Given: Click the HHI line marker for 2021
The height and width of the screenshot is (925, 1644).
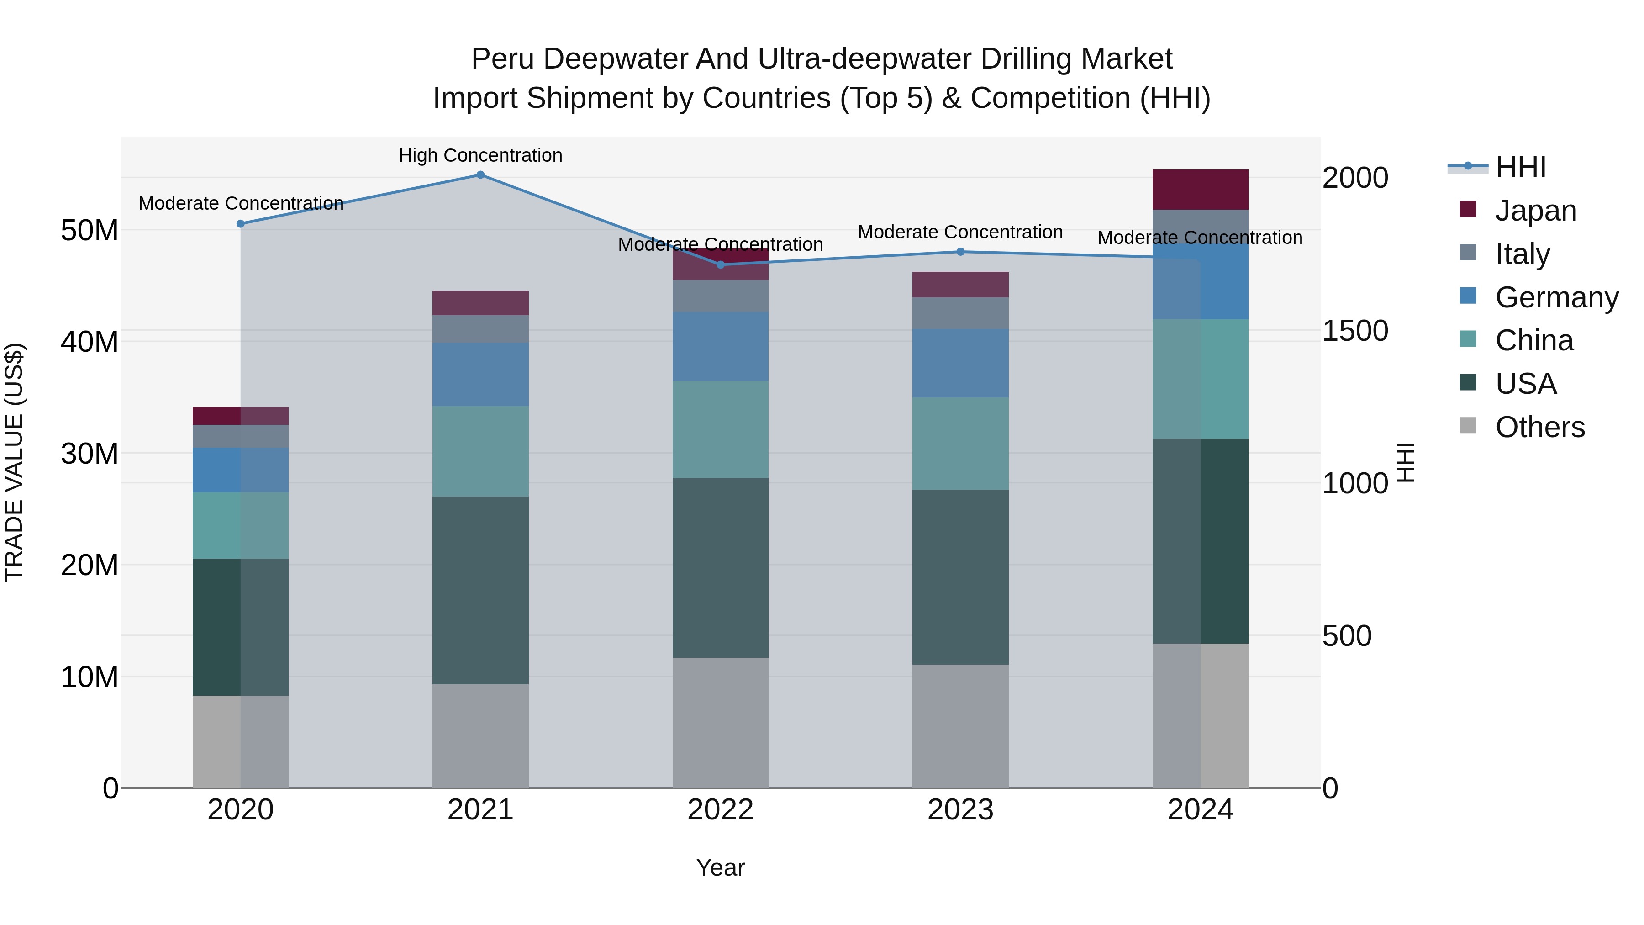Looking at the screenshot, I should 480,175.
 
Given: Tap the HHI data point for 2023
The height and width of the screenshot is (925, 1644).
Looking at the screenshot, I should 960,252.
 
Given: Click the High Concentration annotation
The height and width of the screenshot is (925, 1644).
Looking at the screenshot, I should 480,155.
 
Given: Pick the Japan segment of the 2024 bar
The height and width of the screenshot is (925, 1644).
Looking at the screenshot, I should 1200,190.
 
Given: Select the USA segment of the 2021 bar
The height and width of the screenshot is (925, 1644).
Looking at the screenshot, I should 480,591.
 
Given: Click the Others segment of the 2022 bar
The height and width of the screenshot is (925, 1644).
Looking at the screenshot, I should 721,723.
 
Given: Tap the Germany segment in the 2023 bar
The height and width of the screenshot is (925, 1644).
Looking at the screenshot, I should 960,363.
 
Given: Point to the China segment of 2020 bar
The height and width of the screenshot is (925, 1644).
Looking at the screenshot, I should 241,525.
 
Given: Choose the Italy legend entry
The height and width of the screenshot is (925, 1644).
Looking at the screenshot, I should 1522,254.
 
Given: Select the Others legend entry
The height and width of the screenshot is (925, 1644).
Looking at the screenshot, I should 1539,427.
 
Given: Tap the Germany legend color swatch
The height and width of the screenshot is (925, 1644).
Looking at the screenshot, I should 1468,296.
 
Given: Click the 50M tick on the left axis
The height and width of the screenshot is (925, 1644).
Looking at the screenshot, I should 90,231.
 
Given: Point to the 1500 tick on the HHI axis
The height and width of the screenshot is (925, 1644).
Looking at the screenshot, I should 1355,331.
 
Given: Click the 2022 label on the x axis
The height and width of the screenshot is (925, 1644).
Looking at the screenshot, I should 721,810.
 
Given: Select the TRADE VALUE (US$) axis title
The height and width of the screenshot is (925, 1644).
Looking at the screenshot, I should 14,462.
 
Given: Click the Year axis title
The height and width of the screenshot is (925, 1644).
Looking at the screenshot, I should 721,867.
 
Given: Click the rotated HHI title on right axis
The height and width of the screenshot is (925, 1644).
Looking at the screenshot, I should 1406,462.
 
